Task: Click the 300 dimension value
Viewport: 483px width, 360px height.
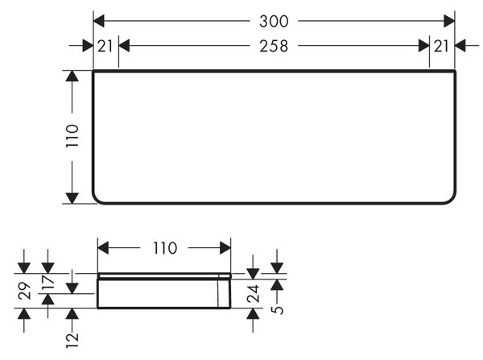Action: pyautogui.click(x=274, y=22)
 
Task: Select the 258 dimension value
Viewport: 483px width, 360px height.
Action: pyautogui.click(x=274, y=46)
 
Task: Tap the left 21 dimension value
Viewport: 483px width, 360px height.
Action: pyautogui.click(x=105, y=46)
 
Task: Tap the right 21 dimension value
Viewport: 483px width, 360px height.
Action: pyautogui.click(x=441, y=46)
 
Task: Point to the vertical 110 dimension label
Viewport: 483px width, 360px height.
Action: pyautogui.click(x=72, y=135)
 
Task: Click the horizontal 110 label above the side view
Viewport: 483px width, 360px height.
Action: pyautogui.click(x=165, y=248)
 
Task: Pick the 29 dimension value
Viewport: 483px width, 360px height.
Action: pyautogui.click(x=25, y=291)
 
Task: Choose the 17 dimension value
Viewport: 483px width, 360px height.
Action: pyautogui.click(x=48, y=281)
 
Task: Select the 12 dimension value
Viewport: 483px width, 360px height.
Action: pyautogui.click(x=72, y=341)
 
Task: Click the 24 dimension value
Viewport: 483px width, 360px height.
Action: pyautogui.click(x=253, y=294)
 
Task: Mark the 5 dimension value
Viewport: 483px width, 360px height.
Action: pyautogui.click(x=278, y=309)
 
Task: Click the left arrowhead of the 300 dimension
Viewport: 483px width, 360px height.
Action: pyautogui.click(x=99, y=21)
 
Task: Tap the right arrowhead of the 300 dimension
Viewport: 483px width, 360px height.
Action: pyautogui.click(x=449, y=21)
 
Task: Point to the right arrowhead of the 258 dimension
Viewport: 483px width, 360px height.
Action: pyautogui.click(x=424, y=46)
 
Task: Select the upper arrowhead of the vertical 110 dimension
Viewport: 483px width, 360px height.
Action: pyautogui.click(x=72, y=76)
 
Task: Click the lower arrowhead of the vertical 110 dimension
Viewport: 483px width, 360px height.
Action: pyautogui.click(x=72, y=198)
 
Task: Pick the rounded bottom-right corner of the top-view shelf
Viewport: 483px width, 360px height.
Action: pyautogui.click(x=452, y=200)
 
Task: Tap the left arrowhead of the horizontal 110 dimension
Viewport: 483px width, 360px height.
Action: pyautogui.click(x=103, y=248)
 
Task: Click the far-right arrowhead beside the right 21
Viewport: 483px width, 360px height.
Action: pyautogui.click(x=460, y=46)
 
